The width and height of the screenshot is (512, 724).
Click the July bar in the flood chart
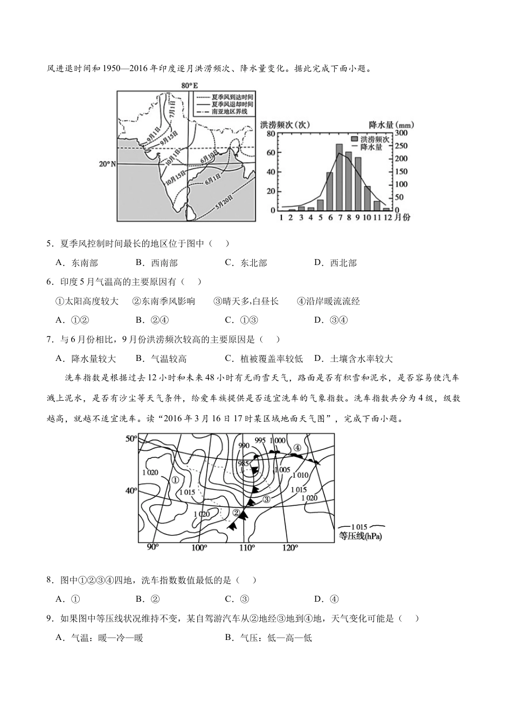[339, 177]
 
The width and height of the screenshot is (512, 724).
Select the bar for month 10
[368, 198]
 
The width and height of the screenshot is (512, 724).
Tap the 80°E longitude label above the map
[190, 85]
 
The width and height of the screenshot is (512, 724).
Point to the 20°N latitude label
[107, 164]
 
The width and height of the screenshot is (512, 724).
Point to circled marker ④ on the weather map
[297, 448]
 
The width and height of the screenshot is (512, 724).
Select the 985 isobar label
[244, 464]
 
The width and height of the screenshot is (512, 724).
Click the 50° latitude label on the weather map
[132, 438]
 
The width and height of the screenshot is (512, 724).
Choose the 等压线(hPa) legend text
[360, 537]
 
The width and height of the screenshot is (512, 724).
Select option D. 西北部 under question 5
[335, 263]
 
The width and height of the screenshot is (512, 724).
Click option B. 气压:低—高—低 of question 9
[268, 638]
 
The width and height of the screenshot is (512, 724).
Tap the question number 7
[50, 339]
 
